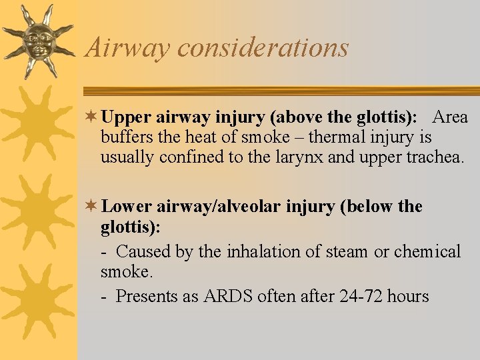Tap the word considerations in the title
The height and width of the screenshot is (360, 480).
pos(263,47)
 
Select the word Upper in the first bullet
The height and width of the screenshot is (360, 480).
pos(127,118)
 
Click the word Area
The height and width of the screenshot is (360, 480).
pos(450,117)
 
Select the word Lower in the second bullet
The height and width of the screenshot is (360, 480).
pos(127,207)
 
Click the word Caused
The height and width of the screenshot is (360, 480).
pos(144,251)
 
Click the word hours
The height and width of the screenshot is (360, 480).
pos(407,296)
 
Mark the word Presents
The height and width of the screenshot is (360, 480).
pos(147,296)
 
